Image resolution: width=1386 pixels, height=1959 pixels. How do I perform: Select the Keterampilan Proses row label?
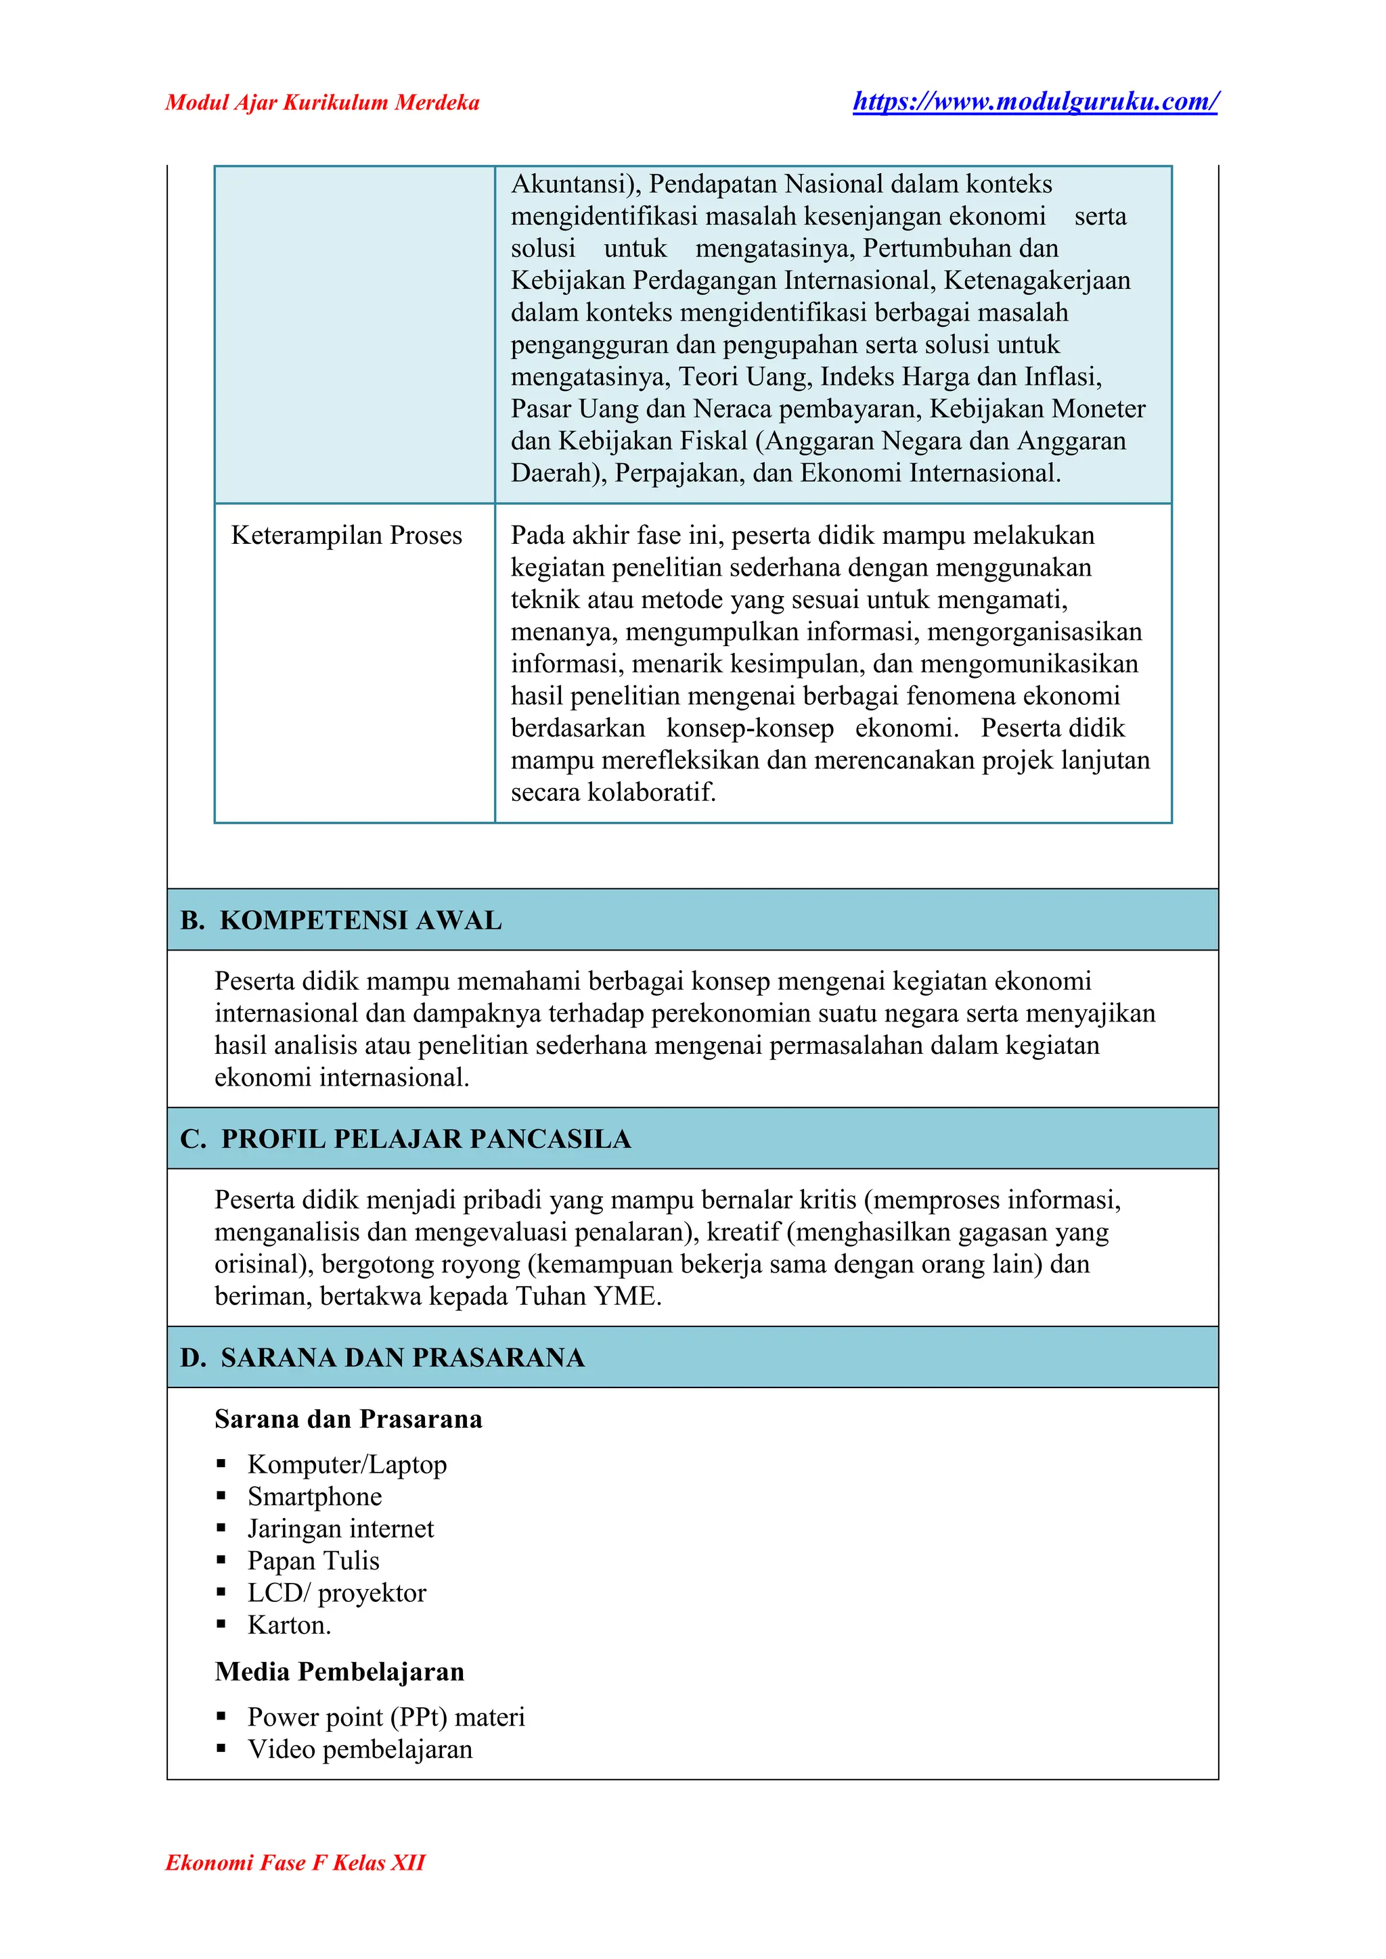click(346, 535)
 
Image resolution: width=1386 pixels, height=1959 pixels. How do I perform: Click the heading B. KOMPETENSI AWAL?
click(341, 920)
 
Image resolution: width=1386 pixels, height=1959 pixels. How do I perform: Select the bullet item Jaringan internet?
click(340, 1528)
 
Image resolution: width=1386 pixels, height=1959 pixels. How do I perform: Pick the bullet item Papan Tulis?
click(313, 1561)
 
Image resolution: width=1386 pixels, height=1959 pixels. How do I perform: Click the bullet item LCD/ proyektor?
click(336, 1593)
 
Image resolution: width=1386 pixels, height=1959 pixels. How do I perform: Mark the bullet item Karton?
click(288, 1625)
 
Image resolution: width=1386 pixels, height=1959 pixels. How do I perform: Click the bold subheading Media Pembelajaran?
click(340, 1672)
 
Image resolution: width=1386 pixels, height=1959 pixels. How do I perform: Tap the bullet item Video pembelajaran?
click(359, 1749)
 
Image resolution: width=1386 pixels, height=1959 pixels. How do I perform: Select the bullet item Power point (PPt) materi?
click(386, 1717)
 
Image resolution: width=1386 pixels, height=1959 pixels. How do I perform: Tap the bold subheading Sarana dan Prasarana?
click(349, 1419)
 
